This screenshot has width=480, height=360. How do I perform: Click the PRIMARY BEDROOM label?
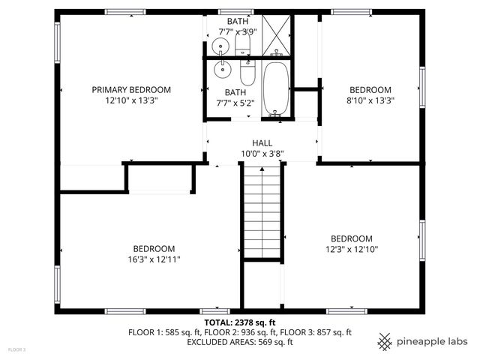click(131, 89)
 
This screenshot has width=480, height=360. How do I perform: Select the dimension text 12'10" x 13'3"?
click(131, 99)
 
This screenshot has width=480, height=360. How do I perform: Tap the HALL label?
click(262, 142)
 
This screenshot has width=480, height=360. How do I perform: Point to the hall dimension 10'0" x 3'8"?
click(262, 153)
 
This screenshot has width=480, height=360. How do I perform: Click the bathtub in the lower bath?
click(276, 89)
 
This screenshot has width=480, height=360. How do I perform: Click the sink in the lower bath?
click(222, 71)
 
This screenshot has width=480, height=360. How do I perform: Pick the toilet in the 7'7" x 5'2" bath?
click(247, 76)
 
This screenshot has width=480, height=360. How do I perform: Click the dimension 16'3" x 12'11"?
click(154, 259)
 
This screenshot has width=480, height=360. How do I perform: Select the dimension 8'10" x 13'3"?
click(370, 99)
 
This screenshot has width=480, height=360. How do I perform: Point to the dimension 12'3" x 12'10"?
click(351, 248)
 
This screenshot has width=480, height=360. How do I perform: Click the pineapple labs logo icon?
click(385, 341)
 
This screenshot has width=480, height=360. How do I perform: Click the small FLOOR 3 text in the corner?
click(16, 349)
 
